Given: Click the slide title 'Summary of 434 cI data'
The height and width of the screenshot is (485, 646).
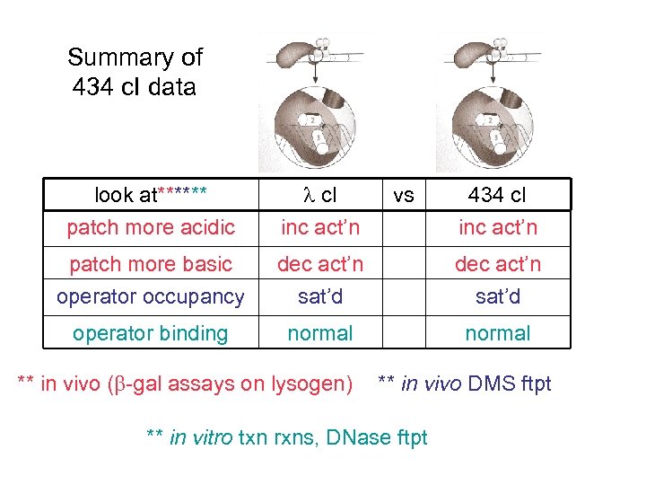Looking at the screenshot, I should (x=135, y=72).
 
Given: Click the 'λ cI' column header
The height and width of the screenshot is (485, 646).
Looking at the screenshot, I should (x=319, y=195).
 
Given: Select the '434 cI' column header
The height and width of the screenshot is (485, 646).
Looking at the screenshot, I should (x=497, y=195).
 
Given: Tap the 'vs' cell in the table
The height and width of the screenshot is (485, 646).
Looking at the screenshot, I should (x=404, y=195).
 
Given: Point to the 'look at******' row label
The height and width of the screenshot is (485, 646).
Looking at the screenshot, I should (x=151, y=195).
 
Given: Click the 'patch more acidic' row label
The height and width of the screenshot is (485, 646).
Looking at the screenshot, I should (x=151, y=227).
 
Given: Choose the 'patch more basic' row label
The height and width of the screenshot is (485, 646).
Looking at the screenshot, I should (x=151, y=264).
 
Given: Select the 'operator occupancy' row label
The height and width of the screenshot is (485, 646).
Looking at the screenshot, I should (x=151, y=296).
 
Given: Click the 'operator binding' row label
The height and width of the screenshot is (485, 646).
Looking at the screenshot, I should (x=151, y=333).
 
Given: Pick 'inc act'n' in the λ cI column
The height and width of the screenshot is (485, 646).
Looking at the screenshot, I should (x=319, y=227).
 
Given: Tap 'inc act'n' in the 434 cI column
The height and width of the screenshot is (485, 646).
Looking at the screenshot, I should (x=497, y=227).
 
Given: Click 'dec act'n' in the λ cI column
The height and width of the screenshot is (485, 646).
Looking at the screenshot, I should (x=319, y=264).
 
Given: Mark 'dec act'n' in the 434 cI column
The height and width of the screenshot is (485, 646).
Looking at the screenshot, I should (x=497, y=264).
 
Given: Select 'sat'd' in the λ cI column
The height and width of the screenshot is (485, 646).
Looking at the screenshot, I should (x=319, y=296).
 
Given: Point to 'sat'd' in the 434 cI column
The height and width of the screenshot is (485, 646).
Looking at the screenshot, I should (x=497, y=296).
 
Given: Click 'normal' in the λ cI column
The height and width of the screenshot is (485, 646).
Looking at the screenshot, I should (x=319, y=333).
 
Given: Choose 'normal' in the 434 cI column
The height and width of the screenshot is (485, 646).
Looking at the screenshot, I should (x=497, y=333).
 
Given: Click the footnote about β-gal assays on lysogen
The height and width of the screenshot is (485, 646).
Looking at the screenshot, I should (x=186, y=384).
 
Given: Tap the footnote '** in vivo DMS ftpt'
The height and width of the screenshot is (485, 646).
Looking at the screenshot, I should (x=464, y=384).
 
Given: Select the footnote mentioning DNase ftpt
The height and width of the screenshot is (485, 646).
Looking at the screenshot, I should (x=286, y=437).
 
